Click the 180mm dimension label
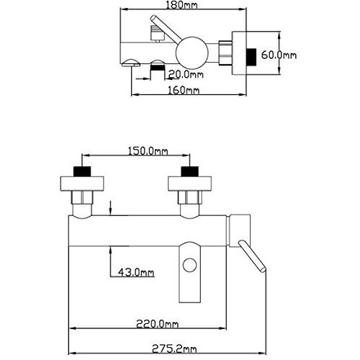pos(181,5)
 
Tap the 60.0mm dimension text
pos(279,55)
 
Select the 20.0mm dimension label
pos(186,74)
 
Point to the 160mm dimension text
pos(184,90)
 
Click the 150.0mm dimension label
pos(148,151)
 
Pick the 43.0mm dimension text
pos(136,272)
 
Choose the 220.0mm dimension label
pos(158,324)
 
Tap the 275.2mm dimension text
pos(174,349)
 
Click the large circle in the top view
pos(192,53)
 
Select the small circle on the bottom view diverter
pos(189,265)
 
